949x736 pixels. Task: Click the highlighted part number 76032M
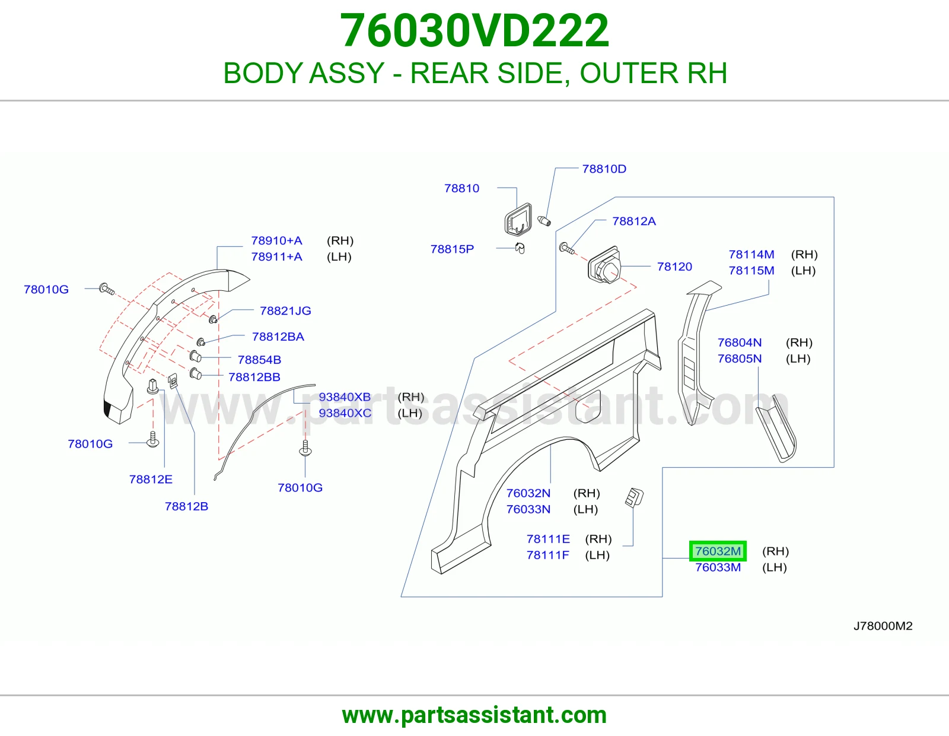(x=718, y=551)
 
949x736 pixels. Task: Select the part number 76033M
(x=718, y=567)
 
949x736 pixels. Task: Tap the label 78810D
(x=604, y=169)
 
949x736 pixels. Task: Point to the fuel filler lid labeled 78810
(x=518, y=220)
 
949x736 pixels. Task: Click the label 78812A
(x=633, y=221)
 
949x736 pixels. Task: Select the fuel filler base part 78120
(x=604, y=265)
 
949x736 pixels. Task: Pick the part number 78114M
(x=751, y=255)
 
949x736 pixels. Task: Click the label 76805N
(x=740, y=359)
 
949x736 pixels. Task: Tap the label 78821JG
(x=285, y=311)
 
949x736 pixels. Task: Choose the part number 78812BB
(x=254, y=377)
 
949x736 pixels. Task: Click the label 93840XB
(x=345, y=397)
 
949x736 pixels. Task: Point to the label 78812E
(x=151, y=480)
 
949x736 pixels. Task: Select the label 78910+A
(x=276, y=240)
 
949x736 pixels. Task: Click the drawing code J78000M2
(x=883, y=626)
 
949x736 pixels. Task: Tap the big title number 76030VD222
(x=474, y=30)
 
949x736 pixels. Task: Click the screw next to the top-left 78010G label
(x=107, y=289)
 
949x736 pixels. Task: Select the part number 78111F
(x=547, y=555)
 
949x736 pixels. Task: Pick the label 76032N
(x=528, y=493)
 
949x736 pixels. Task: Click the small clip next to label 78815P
(x=520, y=248)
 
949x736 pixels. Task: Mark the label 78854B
(x=259, y=360)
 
